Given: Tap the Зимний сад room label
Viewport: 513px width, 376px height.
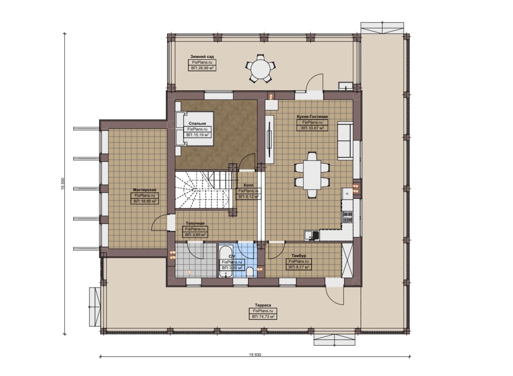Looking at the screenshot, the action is click(202, 56).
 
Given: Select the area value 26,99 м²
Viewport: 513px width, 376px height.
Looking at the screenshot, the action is click(202, 68).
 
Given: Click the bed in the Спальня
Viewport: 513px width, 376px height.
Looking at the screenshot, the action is click(195, 129).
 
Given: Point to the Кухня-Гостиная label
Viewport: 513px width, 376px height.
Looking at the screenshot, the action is click(312, 117).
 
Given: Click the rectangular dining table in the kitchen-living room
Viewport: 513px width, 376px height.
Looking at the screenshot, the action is click(312, 175).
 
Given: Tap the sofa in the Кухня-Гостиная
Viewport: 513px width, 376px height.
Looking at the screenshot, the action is click(345, 141).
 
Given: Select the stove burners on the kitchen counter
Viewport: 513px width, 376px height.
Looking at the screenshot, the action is click(347, 217).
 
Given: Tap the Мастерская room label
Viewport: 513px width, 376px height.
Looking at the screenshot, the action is click(145, 190).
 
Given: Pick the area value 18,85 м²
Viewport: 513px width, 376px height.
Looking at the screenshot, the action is click(145, 201).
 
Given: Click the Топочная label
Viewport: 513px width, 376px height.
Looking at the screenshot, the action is click(195, 223).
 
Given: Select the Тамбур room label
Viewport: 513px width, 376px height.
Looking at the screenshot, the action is click(299, 255).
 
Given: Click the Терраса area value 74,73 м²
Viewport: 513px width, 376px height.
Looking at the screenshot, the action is click(263, 317).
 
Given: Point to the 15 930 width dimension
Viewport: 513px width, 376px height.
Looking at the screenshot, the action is click(255, 355).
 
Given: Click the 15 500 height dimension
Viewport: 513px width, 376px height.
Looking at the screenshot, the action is click(63, 183).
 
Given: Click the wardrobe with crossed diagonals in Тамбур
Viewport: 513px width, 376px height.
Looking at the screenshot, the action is click(347, 260).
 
